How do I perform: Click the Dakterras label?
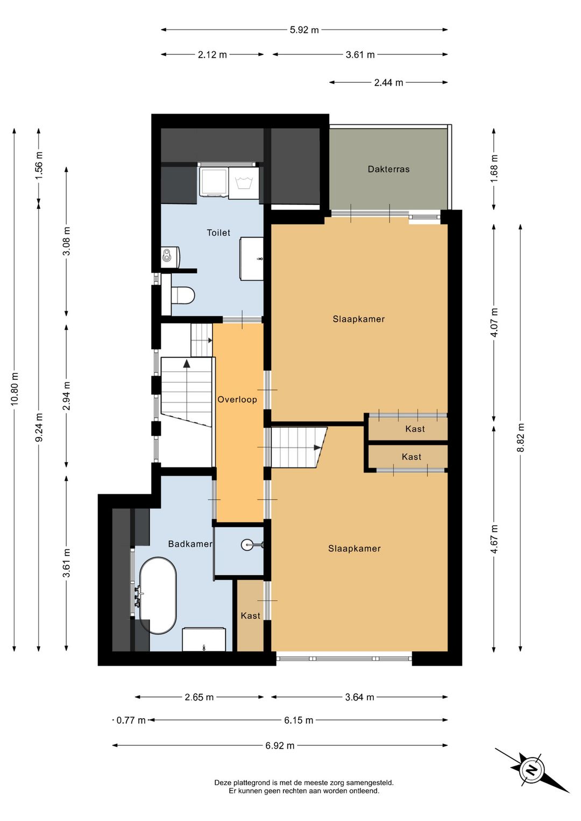tap(388, 169)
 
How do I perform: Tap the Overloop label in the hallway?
tap(237, 400)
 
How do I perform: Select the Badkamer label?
tap(190, 544)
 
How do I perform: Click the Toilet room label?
tap(218, 233)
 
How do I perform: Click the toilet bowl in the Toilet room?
tap(182, 295)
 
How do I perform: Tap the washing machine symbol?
tap(243, 183)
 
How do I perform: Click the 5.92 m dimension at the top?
tap(304, 30)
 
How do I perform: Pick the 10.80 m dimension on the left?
tap(15, 389)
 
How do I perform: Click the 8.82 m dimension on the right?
tap(521, 437)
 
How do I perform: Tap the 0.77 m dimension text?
tap(131, 720)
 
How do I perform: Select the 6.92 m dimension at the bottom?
tap(280, 746)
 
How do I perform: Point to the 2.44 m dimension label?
tap(388, 83)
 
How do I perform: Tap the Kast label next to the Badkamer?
tap(250, 615)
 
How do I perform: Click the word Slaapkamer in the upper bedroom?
tap(358, 319)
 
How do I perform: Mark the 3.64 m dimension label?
tap(359, 697)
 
